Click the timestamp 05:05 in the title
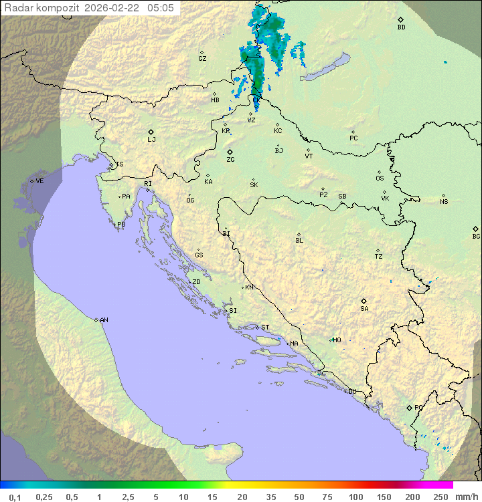pyautogui.click(x=160, y=8)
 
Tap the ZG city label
pyautogui.click(x=230, y=160)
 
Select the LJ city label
pyautogui.click(x=151, y=140)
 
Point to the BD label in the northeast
pyautogui.click(x=401, y=27)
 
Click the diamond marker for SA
pyautogui.click(x=364, y=301)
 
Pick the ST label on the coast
pyautogui.click(x=265, y=328)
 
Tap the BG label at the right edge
pyautogui.click(x=476, y=236)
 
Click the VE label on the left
pyautogui.click(x=39, y=181)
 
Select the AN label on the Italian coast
pyautogui.click(x=104, y=320)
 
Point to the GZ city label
pyautogui.click(x=202, y=59)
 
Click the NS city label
pyautogui.click(x=444, y=202)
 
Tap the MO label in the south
pyautogui.click(x=337, y=340)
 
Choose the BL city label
pyautogui.click(x=299, y=241)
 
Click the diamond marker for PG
pyautogui.click(x=410, y=407)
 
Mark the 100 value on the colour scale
pyautogui.click(x=355, y=497)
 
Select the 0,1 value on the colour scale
pyautogui.click(x=15, y=497)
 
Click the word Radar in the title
pyautogui.click(x=18, y=8)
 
